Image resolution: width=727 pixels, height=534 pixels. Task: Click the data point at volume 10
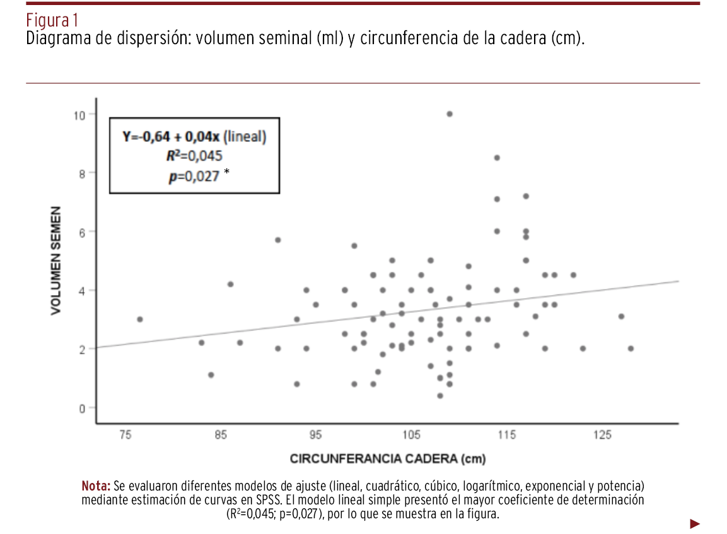pyautogui.click(x=450, y=114)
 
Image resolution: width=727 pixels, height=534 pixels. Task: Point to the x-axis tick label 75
pyautogui.click(x=125, y=435)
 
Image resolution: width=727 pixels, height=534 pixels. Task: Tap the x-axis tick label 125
pyautogui.click(x=602, y=435)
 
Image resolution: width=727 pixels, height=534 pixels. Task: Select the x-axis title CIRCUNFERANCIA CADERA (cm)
pyautogui.click(x=388, y=458)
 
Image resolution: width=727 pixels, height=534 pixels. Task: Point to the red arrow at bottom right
pyautogui.click(x=695, y=523)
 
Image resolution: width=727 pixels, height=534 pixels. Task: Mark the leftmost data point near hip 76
pyautogui.click(x=140, y=320)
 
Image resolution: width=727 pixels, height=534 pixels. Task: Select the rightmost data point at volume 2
pyautogui.click(x=631, y=349)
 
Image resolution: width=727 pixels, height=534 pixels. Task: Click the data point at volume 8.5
pyautogui.click(x=497, y=158)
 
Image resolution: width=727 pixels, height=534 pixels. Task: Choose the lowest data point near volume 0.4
pyautogui.click(x=440, y=396)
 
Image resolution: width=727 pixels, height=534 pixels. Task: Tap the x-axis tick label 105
pyautogui.click(x=411, y=435)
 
